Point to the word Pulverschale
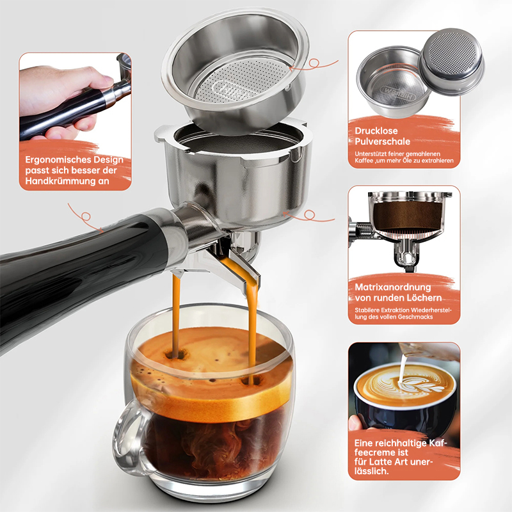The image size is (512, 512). coord(382,141)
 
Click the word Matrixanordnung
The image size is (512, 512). coord(393,287)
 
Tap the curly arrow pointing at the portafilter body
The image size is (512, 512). coord(308,216)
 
